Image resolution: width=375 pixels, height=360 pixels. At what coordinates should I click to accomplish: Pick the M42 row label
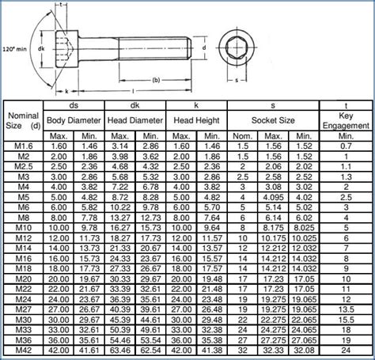tap(22, 349)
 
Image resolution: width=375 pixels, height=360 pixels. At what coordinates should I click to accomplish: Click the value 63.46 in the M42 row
tap(119, 349)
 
